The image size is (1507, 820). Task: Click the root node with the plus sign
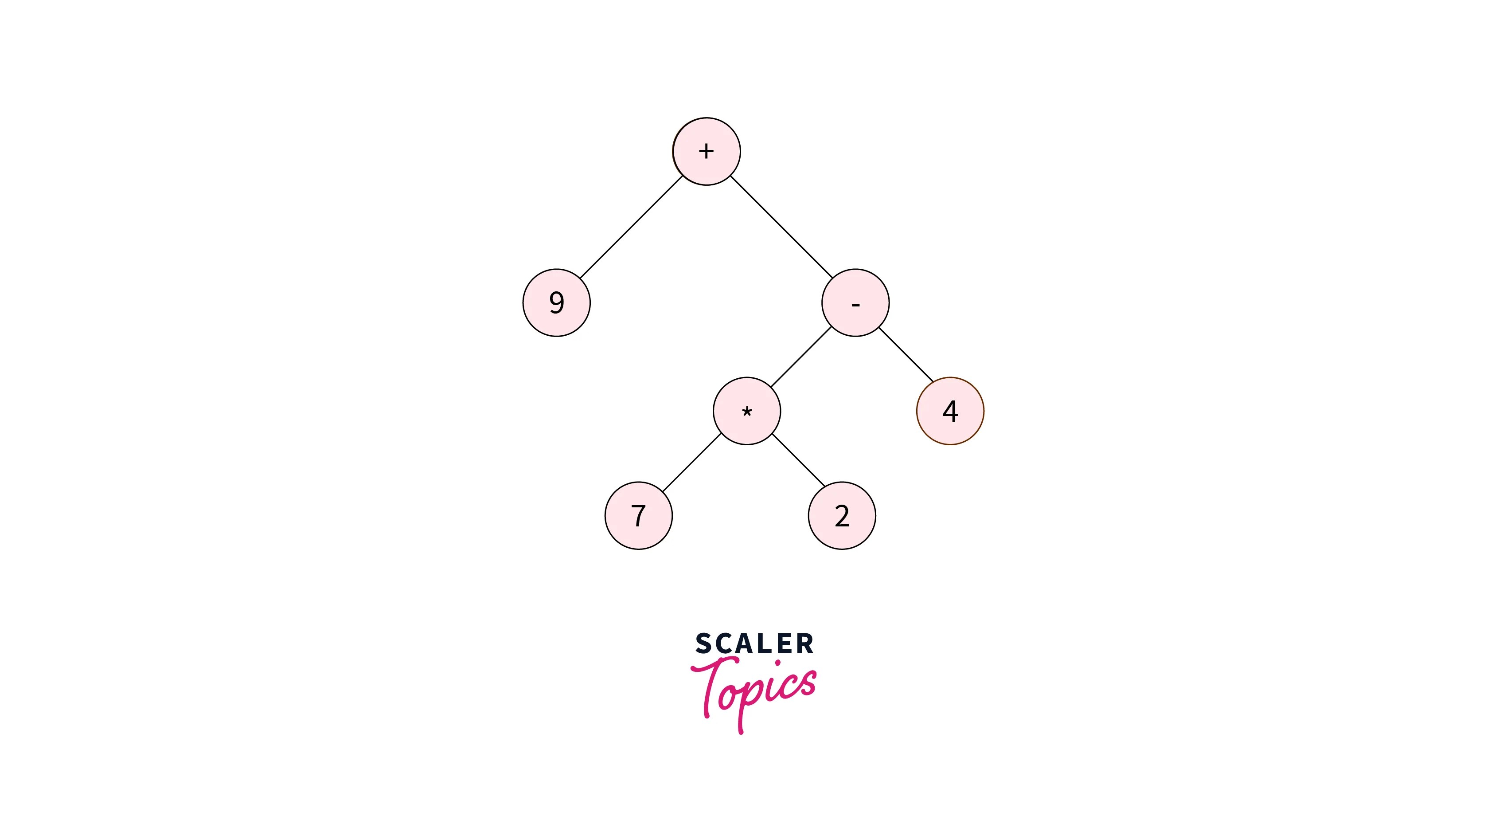[706, 151]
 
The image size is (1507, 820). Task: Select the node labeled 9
[556, 302]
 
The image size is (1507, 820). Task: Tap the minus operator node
[855, 302]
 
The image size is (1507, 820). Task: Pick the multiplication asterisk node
[746, 411]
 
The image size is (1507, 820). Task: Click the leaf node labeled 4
[950, 411]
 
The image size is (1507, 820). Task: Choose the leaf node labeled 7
[638, 516]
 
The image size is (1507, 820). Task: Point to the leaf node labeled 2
[842, 516]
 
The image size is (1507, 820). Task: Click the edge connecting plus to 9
[631, 227]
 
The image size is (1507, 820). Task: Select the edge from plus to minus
[781, 227]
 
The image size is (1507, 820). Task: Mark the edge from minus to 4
[906, 355]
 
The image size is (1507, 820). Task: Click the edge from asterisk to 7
[692, 463]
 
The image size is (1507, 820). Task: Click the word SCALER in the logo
[754, 644]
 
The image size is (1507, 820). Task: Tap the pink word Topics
[755, 691]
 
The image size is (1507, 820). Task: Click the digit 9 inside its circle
[556, 302]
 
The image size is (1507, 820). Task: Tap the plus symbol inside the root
[706, 151]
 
